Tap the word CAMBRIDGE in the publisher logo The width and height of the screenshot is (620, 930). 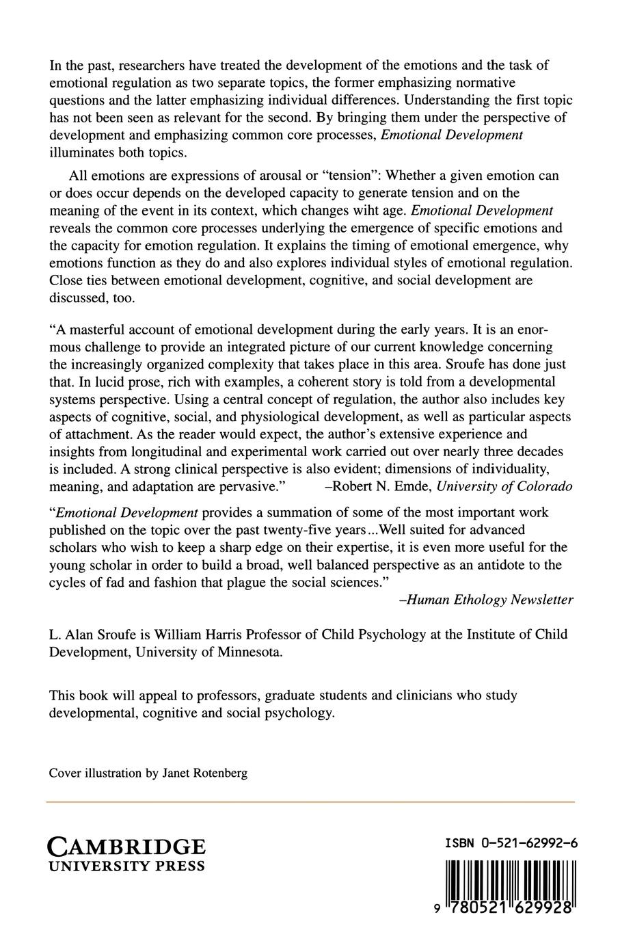point(126,847)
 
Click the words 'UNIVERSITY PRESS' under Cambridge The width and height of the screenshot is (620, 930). point(126,866)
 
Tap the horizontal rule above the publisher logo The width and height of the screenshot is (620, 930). point(310,801)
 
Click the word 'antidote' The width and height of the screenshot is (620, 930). point(497,565)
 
